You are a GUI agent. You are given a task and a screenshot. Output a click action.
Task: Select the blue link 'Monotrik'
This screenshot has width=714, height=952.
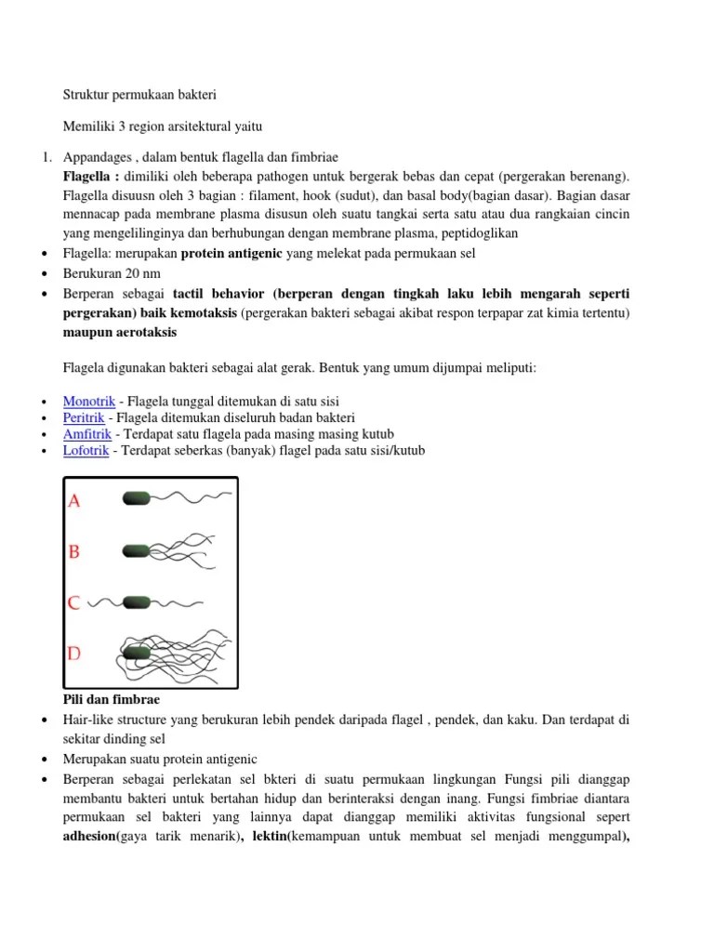pos(89,401)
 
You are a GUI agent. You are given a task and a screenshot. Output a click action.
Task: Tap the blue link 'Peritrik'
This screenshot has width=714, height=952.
pos(85,417)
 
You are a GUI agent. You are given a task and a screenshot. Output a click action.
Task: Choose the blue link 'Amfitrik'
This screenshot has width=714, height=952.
pos(86,434)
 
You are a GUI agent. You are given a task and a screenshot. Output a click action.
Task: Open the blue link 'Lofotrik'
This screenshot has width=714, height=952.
pos(86,451)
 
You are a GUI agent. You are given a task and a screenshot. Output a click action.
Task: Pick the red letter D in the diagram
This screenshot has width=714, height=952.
pos(74,654)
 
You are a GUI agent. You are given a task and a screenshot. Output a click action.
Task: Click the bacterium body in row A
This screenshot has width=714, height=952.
pos(137,499)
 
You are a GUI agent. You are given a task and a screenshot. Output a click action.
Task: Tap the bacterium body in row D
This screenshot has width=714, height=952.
pos(137,653)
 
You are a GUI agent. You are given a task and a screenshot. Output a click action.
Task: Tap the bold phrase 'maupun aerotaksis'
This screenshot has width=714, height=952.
pos(121,332)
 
